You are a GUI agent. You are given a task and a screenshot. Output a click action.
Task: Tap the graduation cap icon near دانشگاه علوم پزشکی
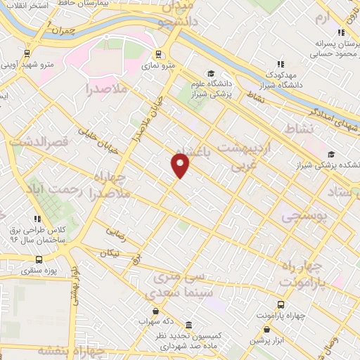210,73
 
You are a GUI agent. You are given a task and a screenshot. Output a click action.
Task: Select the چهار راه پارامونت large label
306,273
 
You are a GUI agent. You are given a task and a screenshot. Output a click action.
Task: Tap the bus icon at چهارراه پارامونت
281,304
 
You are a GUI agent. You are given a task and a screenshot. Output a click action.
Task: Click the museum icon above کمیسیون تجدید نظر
188,326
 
